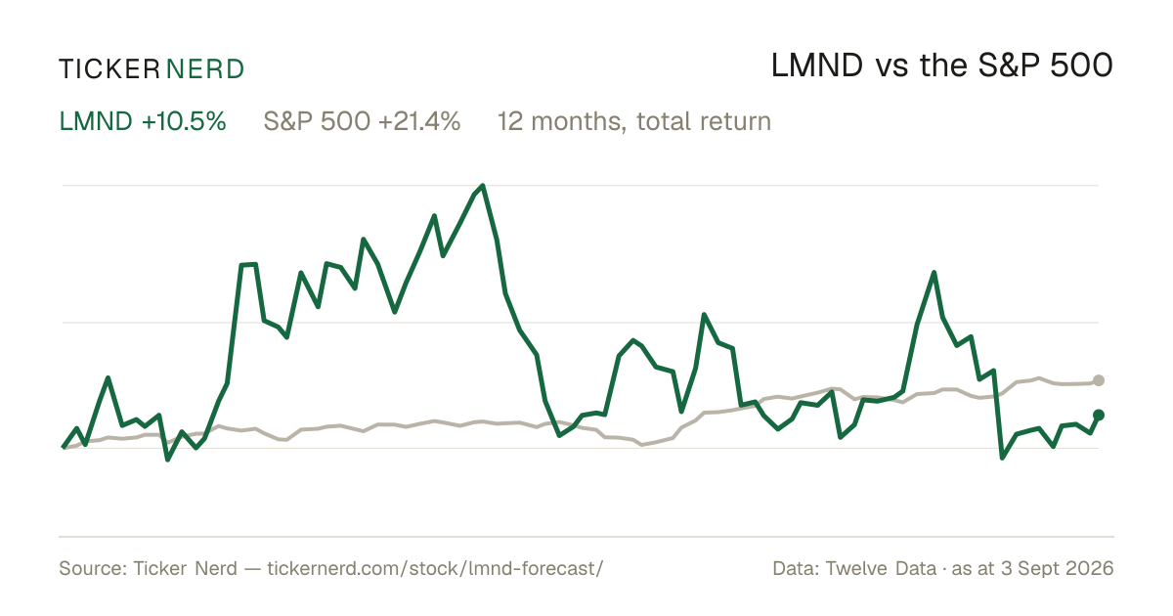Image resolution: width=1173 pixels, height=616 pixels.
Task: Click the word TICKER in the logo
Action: coord(109,69)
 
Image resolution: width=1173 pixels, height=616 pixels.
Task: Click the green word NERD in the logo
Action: coord(205,69)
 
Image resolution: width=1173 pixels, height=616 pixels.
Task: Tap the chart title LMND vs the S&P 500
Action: coord(942,66)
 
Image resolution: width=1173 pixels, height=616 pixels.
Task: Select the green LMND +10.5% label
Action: coord(143,121)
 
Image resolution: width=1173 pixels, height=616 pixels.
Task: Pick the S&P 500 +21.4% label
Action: coord(362,121)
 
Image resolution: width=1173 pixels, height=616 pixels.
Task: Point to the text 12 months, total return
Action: coord(634,122)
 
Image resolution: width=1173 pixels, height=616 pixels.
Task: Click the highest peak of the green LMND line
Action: coord(482,186)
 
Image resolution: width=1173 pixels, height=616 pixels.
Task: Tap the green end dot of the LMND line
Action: coord(1099,416)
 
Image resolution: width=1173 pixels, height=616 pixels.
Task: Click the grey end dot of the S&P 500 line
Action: coord(1099,380)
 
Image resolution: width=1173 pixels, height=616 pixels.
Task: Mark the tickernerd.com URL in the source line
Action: coord(435,568)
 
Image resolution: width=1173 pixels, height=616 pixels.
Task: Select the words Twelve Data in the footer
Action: coord(881,568)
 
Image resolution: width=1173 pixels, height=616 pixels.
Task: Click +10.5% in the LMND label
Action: coord(184,121)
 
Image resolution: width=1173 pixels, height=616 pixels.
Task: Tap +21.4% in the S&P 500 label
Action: coord(419,121)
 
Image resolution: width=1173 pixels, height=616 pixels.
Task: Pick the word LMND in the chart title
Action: coord(817,66)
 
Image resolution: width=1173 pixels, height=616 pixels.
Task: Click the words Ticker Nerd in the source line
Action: coord(186,568)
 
